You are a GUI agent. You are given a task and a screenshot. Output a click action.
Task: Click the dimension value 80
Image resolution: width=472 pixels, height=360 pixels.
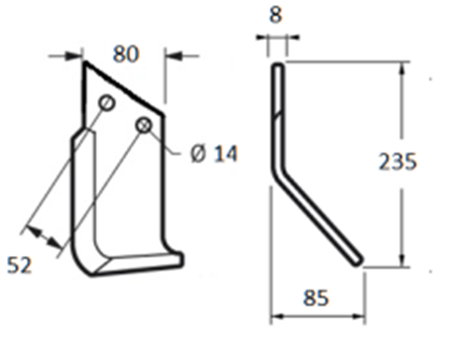tap(126, 55)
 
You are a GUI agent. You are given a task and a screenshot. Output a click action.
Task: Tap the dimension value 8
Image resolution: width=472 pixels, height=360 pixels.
tap(276, 15)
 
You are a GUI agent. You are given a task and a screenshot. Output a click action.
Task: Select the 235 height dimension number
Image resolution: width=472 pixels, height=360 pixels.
tap(398, 162)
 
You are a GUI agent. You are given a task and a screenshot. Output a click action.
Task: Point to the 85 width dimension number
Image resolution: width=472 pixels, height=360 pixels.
tap(316, 298)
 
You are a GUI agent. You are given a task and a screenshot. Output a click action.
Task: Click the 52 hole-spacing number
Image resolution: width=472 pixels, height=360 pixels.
tap(20, 265)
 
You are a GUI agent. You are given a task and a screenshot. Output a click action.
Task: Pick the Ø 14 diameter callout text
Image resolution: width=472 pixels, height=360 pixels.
tap(214, 154)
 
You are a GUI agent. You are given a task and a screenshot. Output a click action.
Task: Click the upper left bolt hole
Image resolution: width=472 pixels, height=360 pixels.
tap(106, 103)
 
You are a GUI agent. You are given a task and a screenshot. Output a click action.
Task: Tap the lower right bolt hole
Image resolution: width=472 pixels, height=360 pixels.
tap(144, 125)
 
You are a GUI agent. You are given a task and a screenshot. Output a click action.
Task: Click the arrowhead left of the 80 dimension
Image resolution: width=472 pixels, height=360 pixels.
tap(73, 56)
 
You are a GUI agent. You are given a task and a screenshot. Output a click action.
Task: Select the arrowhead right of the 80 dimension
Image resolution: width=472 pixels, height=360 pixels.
tap(174, 56)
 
